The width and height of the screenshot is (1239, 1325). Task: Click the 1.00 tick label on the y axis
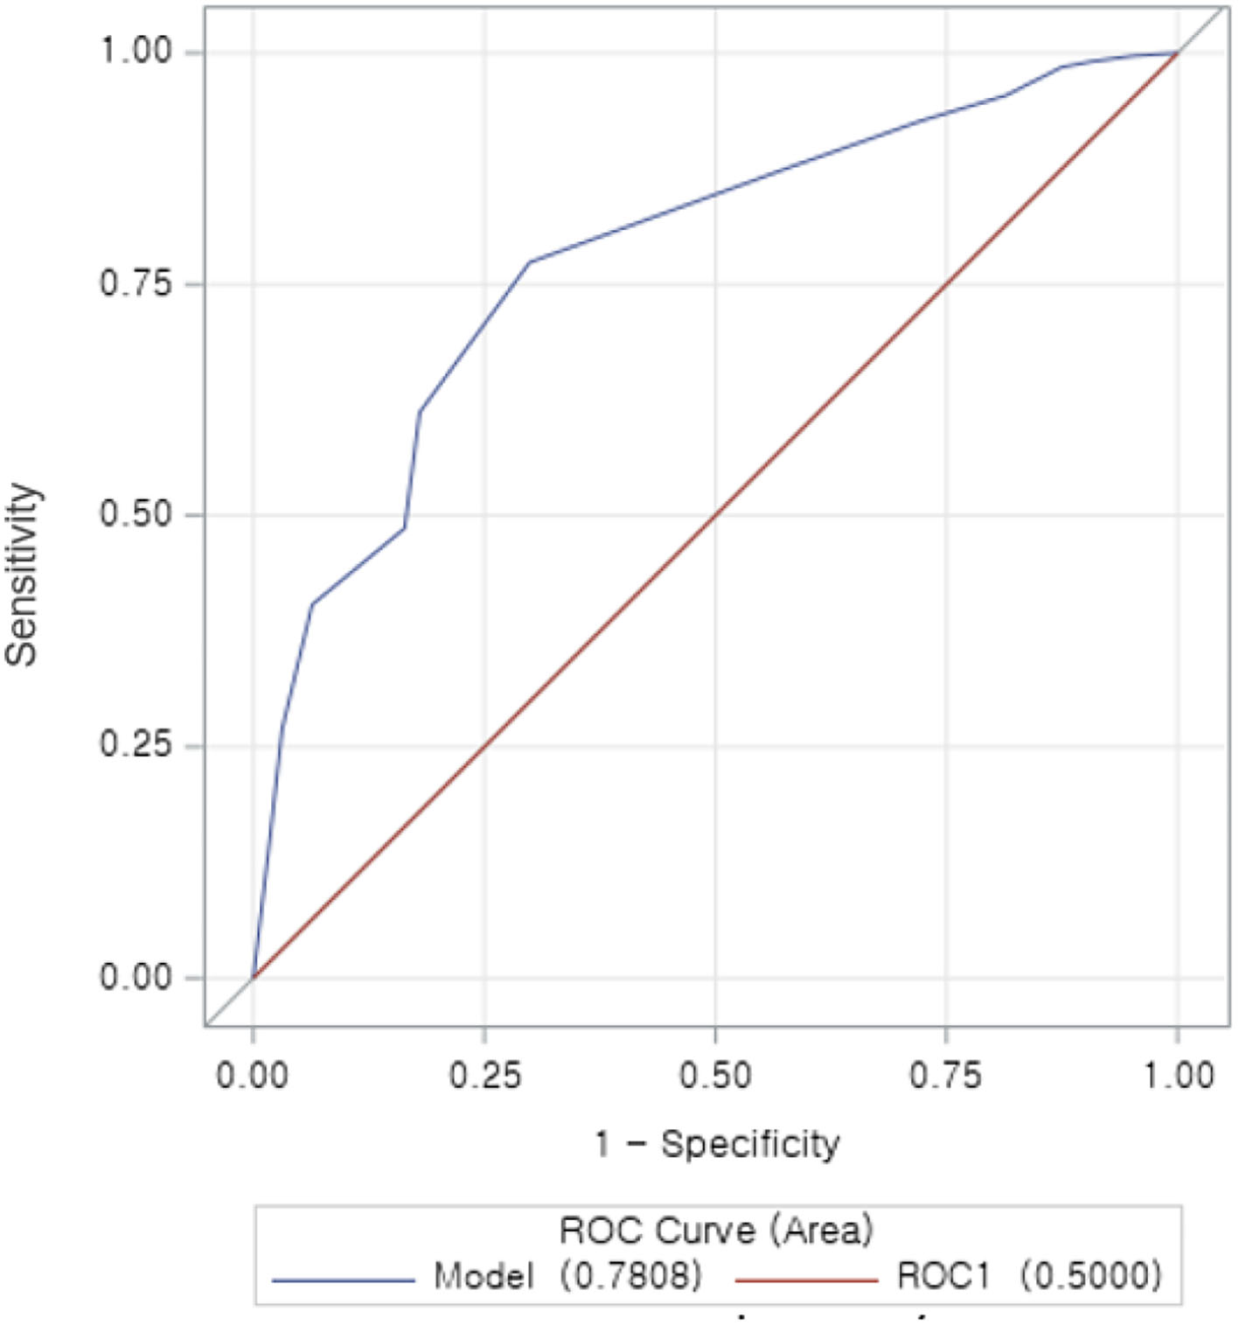136,51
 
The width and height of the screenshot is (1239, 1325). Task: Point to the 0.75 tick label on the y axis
136,283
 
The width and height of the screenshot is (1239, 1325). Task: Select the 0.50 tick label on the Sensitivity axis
136,514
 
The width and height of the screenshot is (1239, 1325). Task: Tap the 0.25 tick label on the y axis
136,745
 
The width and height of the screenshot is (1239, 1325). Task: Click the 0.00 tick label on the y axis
136,977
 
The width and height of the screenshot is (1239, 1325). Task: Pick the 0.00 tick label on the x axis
253,1075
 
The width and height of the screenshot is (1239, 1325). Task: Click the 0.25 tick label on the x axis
484,1075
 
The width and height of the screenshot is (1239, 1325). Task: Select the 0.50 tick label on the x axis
715,1075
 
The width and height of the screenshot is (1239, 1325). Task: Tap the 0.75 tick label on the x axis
946,1075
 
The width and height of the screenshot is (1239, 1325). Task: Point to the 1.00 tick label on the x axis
1178,1075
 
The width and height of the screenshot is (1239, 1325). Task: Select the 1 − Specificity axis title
717,1144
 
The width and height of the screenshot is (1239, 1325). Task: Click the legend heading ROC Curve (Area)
716,1231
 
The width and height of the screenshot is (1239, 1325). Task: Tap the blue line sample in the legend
343,1280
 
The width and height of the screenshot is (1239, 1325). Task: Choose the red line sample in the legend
806,1280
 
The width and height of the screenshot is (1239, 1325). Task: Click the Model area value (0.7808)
631,1276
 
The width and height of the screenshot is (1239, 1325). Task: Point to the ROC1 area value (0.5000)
1091,1276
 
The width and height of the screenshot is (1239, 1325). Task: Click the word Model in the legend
484,1276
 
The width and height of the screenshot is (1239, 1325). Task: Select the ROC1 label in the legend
944,1276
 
